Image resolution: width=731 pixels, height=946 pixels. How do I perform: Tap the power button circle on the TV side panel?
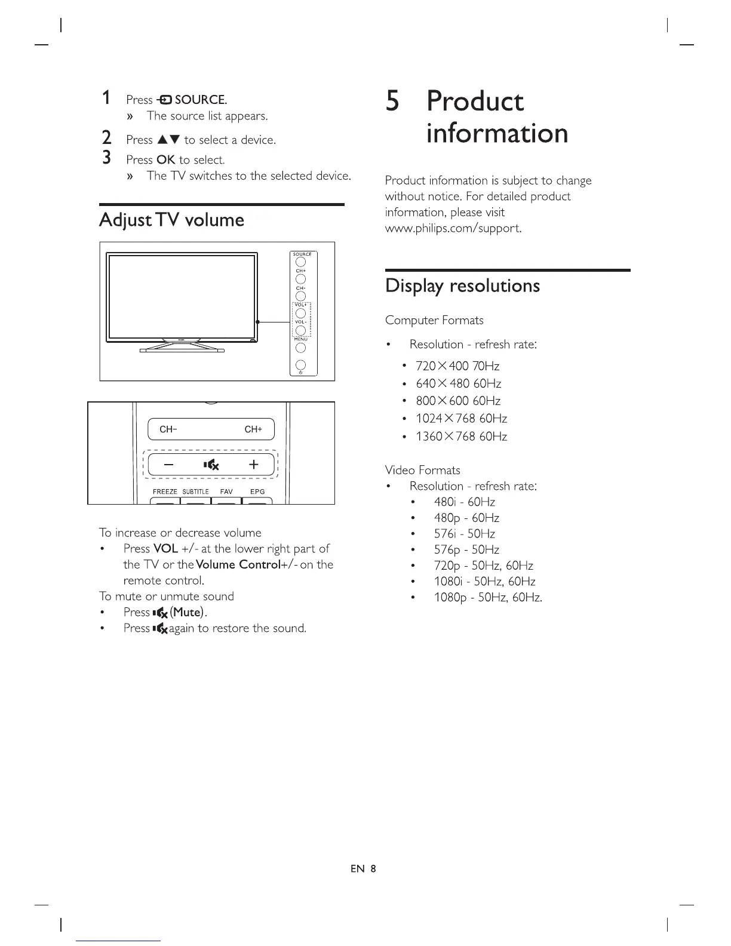click(301, 365)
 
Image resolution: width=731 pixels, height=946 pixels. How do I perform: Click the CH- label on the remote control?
click(168, 429)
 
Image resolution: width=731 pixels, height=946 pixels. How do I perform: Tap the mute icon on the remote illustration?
click(211, 465)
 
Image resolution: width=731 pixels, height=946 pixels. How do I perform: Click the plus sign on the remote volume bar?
click(253, 464)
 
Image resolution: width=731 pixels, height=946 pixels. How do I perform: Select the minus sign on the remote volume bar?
click(169, 464)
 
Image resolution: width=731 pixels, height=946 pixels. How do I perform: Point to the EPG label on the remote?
click(257, 492)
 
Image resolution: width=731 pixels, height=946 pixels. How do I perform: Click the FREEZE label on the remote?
click(165, 492)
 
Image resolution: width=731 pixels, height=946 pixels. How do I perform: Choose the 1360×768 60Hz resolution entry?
click(461, 437)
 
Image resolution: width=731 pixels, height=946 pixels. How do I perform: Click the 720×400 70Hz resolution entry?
click(457, 366)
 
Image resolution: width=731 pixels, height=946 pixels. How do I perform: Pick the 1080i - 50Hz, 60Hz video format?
click(484, 582)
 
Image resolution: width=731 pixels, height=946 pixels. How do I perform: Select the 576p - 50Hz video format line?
click(466, 550)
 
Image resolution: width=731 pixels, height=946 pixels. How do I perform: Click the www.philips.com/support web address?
click(453, 229)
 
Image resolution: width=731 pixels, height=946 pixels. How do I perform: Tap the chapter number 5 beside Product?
click(392, 101)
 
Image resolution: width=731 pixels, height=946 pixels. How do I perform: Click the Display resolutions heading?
click(462, 286)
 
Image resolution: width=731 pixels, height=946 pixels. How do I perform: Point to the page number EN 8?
click(363, 869)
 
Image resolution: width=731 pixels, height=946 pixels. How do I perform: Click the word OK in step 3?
click(165, 160)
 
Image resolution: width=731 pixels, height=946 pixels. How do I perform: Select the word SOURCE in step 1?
click(200, 100)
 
